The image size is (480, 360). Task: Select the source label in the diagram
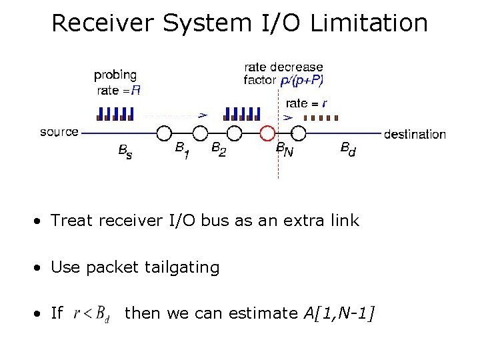point(59,132)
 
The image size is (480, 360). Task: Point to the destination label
point(415,134)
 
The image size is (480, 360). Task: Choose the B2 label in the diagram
point(218,150)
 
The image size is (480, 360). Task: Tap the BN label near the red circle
point(284,151)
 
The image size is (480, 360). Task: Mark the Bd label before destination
point(348,149)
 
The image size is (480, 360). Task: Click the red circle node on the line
point(268,133)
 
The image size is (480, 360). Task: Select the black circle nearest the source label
point(165,133)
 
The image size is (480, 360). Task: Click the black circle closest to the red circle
point(234,133)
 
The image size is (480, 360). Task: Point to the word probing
point(115,75)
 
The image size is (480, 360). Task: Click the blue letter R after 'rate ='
point(135,90)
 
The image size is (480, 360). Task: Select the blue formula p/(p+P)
point(302,80)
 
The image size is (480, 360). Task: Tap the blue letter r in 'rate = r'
point(324,103)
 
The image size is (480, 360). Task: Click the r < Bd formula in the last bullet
point(92,313)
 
